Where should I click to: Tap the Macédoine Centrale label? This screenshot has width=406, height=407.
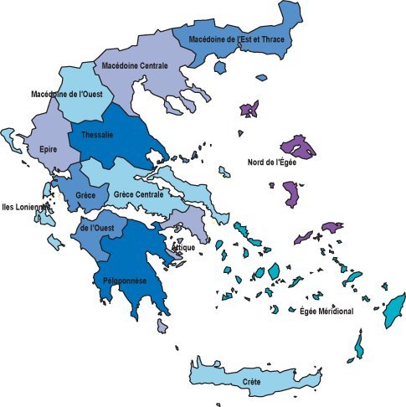click(x=135, y=64)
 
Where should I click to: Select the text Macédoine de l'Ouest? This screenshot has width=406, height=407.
click(x=66, y=94)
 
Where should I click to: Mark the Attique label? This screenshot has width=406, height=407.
click(x=183, y=248)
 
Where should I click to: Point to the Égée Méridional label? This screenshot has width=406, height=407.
click(x=326, y=311)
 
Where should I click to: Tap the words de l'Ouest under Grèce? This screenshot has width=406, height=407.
click(x=97, y=227)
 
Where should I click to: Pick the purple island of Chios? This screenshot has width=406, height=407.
click(x=292, y=195)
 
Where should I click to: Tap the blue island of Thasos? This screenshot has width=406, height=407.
click(x=222, y=67)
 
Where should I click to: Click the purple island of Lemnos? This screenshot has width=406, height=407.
click(x=249, y=110)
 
